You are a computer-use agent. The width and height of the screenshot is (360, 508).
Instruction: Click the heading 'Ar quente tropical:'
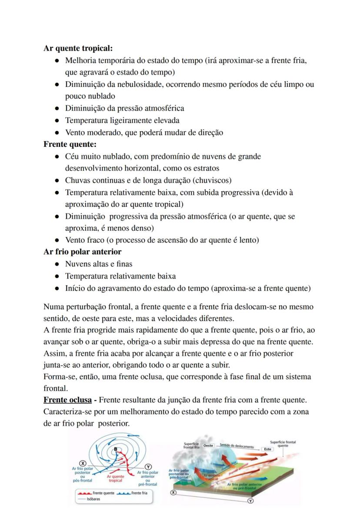[x=78, y=48]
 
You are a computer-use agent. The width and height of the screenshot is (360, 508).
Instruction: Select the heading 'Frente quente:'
[x=70, y=144]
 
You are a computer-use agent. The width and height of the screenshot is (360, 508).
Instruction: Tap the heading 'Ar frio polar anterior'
[x=82, y=252]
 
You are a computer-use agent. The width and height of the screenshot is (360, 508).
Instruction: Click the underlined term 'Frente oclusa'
[x=67, y=399]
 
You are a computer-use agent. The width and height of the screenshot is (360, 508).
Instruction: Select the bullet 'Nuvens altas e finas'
[x=99, y=264]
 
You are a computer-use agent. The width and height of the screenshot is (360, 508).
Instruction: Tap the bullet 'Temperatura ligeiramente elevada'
[x=122, y=120]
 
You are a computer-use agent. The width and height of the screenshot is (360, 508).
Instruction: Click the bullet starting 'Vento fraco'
[x=162, y=240]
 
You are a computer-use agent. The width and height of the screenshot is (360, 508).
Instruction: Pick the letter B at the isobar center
[x=115, y=448]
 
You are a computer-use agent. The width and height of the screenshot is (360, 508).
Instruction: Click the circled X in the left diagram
[x=82, y=464]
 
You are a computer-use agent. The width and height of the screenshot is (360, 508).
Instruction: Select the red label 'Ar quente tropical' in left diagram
[x=115, y=478]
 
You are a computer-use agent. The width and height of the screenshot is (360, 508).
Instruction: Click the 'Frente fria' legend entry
[x=139, y=493]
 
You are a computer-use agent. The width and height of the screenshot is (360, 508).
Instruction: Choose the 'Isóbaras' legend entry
[x=93, y=499]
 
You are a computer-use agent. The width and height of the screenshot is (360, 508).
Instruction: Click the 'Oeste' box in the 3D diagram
[x=209, y=445]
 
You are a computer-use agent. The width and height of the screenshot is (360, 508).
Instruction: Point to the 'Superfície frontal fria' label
[x=191, y=445]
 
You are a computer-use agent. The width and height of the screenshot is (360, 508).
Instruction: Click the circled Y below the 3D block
[x=250, y=501]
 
